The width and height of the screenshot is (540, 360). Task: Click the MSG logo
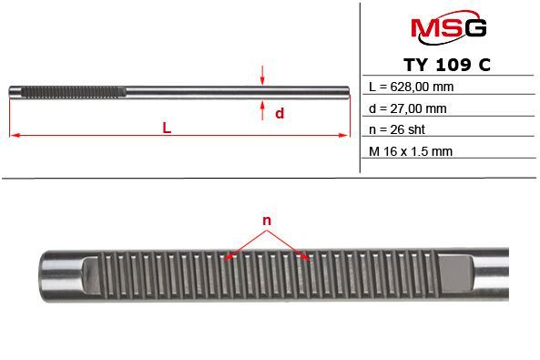(x=448, y=27)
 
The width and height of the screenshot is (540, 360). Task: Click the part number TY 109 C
(x=447, y=65)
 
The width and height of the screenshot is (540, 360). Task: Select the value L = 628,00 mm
(x=411, y=87)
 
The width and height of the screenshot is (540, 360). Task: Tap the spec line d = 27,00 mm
(x=407, y=108)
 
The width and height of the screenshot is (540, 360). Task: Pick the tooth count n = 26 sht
(x=397, y=129)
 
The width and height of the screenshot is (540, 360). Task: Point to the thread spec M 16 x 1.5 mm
(x=410, y=151)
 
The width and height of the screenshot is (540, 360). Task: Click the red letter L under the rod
(x=167, y=128)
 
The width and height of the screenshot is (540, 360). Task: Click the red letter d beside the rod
(x=280, y=113)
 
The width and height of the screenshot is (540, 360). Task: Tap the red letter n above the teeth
(x=267, y=221)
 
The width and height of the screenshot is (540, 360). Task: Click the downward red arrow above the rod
(x=262, y=75)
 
